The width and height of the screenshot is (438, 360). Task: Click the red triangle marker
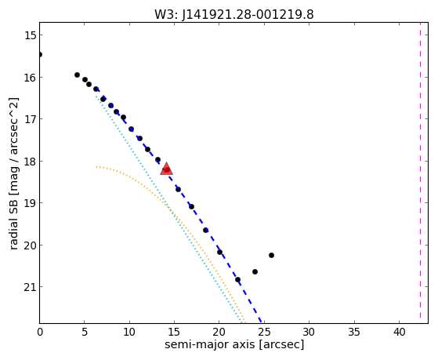click(x=166, y=169)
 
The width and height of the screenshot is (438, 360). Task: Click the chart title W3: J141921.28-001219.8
click(x=234, y=14)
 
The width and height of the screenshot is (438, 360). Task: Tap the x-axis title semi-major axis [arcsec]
click(x=234, y=344)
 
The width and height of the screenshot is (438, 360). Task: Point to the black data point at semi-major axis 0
click(x=39, y=54)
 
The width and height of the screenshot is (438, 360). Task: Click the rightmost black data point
click(x=271, y=255)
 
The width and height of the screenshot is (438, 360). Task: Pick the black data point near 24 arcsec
click(x=255, y=271)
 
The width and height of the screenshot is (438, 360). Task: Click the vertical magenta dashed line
click(x=420, y=173)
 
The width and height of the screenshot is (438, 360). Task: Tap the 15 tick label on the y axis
click(x=30, y=35)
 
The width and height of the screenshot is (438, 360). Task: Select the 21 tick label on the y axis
click(x=30, y=287)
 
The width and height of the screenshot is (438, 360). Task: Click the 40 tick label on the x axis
click(x=399, y=332)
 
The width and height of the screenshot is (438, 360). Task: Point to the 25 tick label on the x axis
click(x=264, y=332)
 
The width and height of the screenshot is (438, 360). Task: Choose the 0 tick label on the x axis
click(x=40, y=332)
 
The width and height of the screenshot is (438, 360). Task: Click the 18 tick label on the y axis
click(x=30, y=162)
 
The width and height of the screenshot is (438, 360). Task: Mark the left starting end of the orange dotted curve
click(x=96, y=167)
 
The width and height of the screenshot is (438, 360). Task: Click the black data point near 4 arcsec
click(x=77, y=75)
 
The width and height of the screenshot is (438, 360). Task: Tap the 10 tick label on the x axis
click(x=129, y=332)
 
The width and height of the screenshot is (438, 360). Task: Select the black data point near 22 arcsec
click(x=237, y=279)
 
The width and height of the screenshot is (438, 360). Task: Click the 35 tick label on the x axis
click(x=354, y=332)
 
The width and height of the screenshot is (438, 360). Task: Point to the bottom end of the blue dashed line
click(x=261, y=322)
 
